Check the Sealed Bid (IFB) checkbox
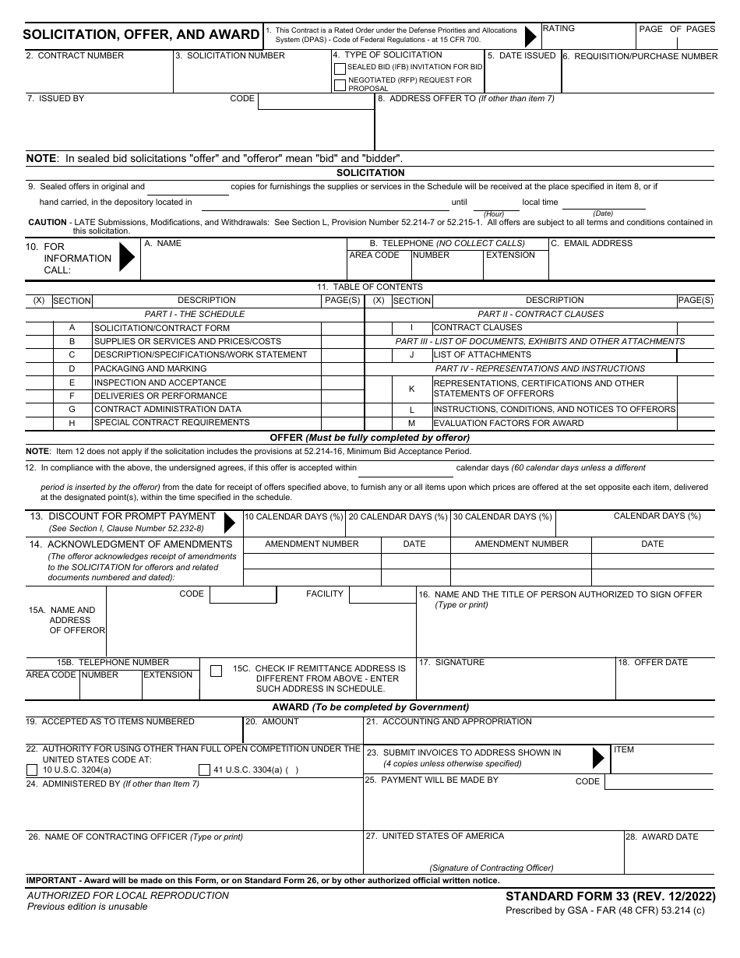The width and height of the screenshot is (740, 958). click(x=340, y=69)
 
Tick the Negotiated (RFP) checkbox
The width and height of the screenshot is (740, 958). click(x=340, y=85)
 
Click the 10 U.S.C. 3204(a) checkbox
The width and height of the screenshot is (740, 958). click(x=32, y=770)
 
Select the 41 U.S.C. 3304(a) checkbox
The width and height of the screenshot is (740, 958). click(x=204, y=770)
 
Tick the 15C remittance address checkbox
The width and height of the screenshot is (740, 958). click(x=217, y=670)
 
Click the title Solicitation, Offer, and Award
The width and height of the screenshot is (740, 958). click(x=141, y=34)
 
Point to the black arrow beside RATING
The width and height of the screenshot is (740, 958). click(x=531, y=36)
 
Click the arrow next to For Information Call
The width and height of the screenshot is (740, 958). click(x=126, y=258)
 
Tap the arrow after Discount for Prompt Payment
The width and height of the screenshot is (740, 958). click(x=229, y=522)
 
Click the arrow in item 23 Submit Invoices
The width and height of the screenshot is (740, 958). click(x=598, y=758)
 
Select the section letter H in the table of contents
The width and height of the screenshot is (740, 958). click(x=72, y=423)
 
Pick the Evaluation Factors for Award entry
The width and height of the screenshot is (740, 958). click(x=508, y=424)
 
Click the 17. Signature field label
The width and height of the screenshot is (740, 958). click(x=452, y=662)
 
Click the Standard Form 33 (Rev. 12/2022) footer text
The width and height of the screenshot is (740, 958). click(x=610, y=896)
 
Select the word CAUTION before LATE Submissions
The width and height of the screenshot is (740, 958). click(x=48, y=222)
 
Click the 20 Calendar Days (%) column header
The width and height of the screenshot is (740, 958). click(x=397, y=516)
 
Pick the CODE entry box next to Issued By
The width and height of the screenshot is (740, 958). click(x=315, y=101)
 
